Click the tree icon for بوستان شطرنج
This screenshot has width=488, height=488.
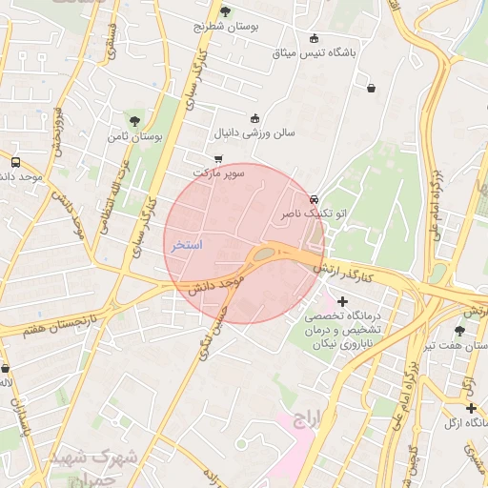click(x=225, y=11)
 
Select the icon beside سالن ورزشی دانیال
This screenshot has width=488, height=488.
click(x=254, y=118)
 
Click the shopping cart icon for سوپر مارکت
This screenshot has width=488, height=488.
click(x=218, y=159)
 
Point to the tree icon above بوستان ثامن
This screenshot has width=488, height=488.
click(x=136, y=121)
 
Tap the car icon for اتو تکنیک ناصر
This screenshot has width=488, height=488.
click(x=314, y=199)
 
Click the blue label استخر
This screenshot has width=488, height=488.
click(x=186, y=245)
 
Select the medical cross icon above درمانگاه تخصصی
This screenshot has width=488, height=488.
click(x=343, y=301)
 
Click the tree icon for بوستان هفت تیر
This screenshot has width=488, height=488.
click(x=459, y=331)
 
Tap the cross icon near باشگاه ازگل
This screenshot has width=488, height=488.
click(x=471, y=408)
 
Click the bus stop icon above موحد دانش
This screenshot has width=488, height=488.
click(x=14, y=162)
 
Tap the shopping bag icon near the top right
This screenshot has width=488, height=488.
click(x=370, y=89)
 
